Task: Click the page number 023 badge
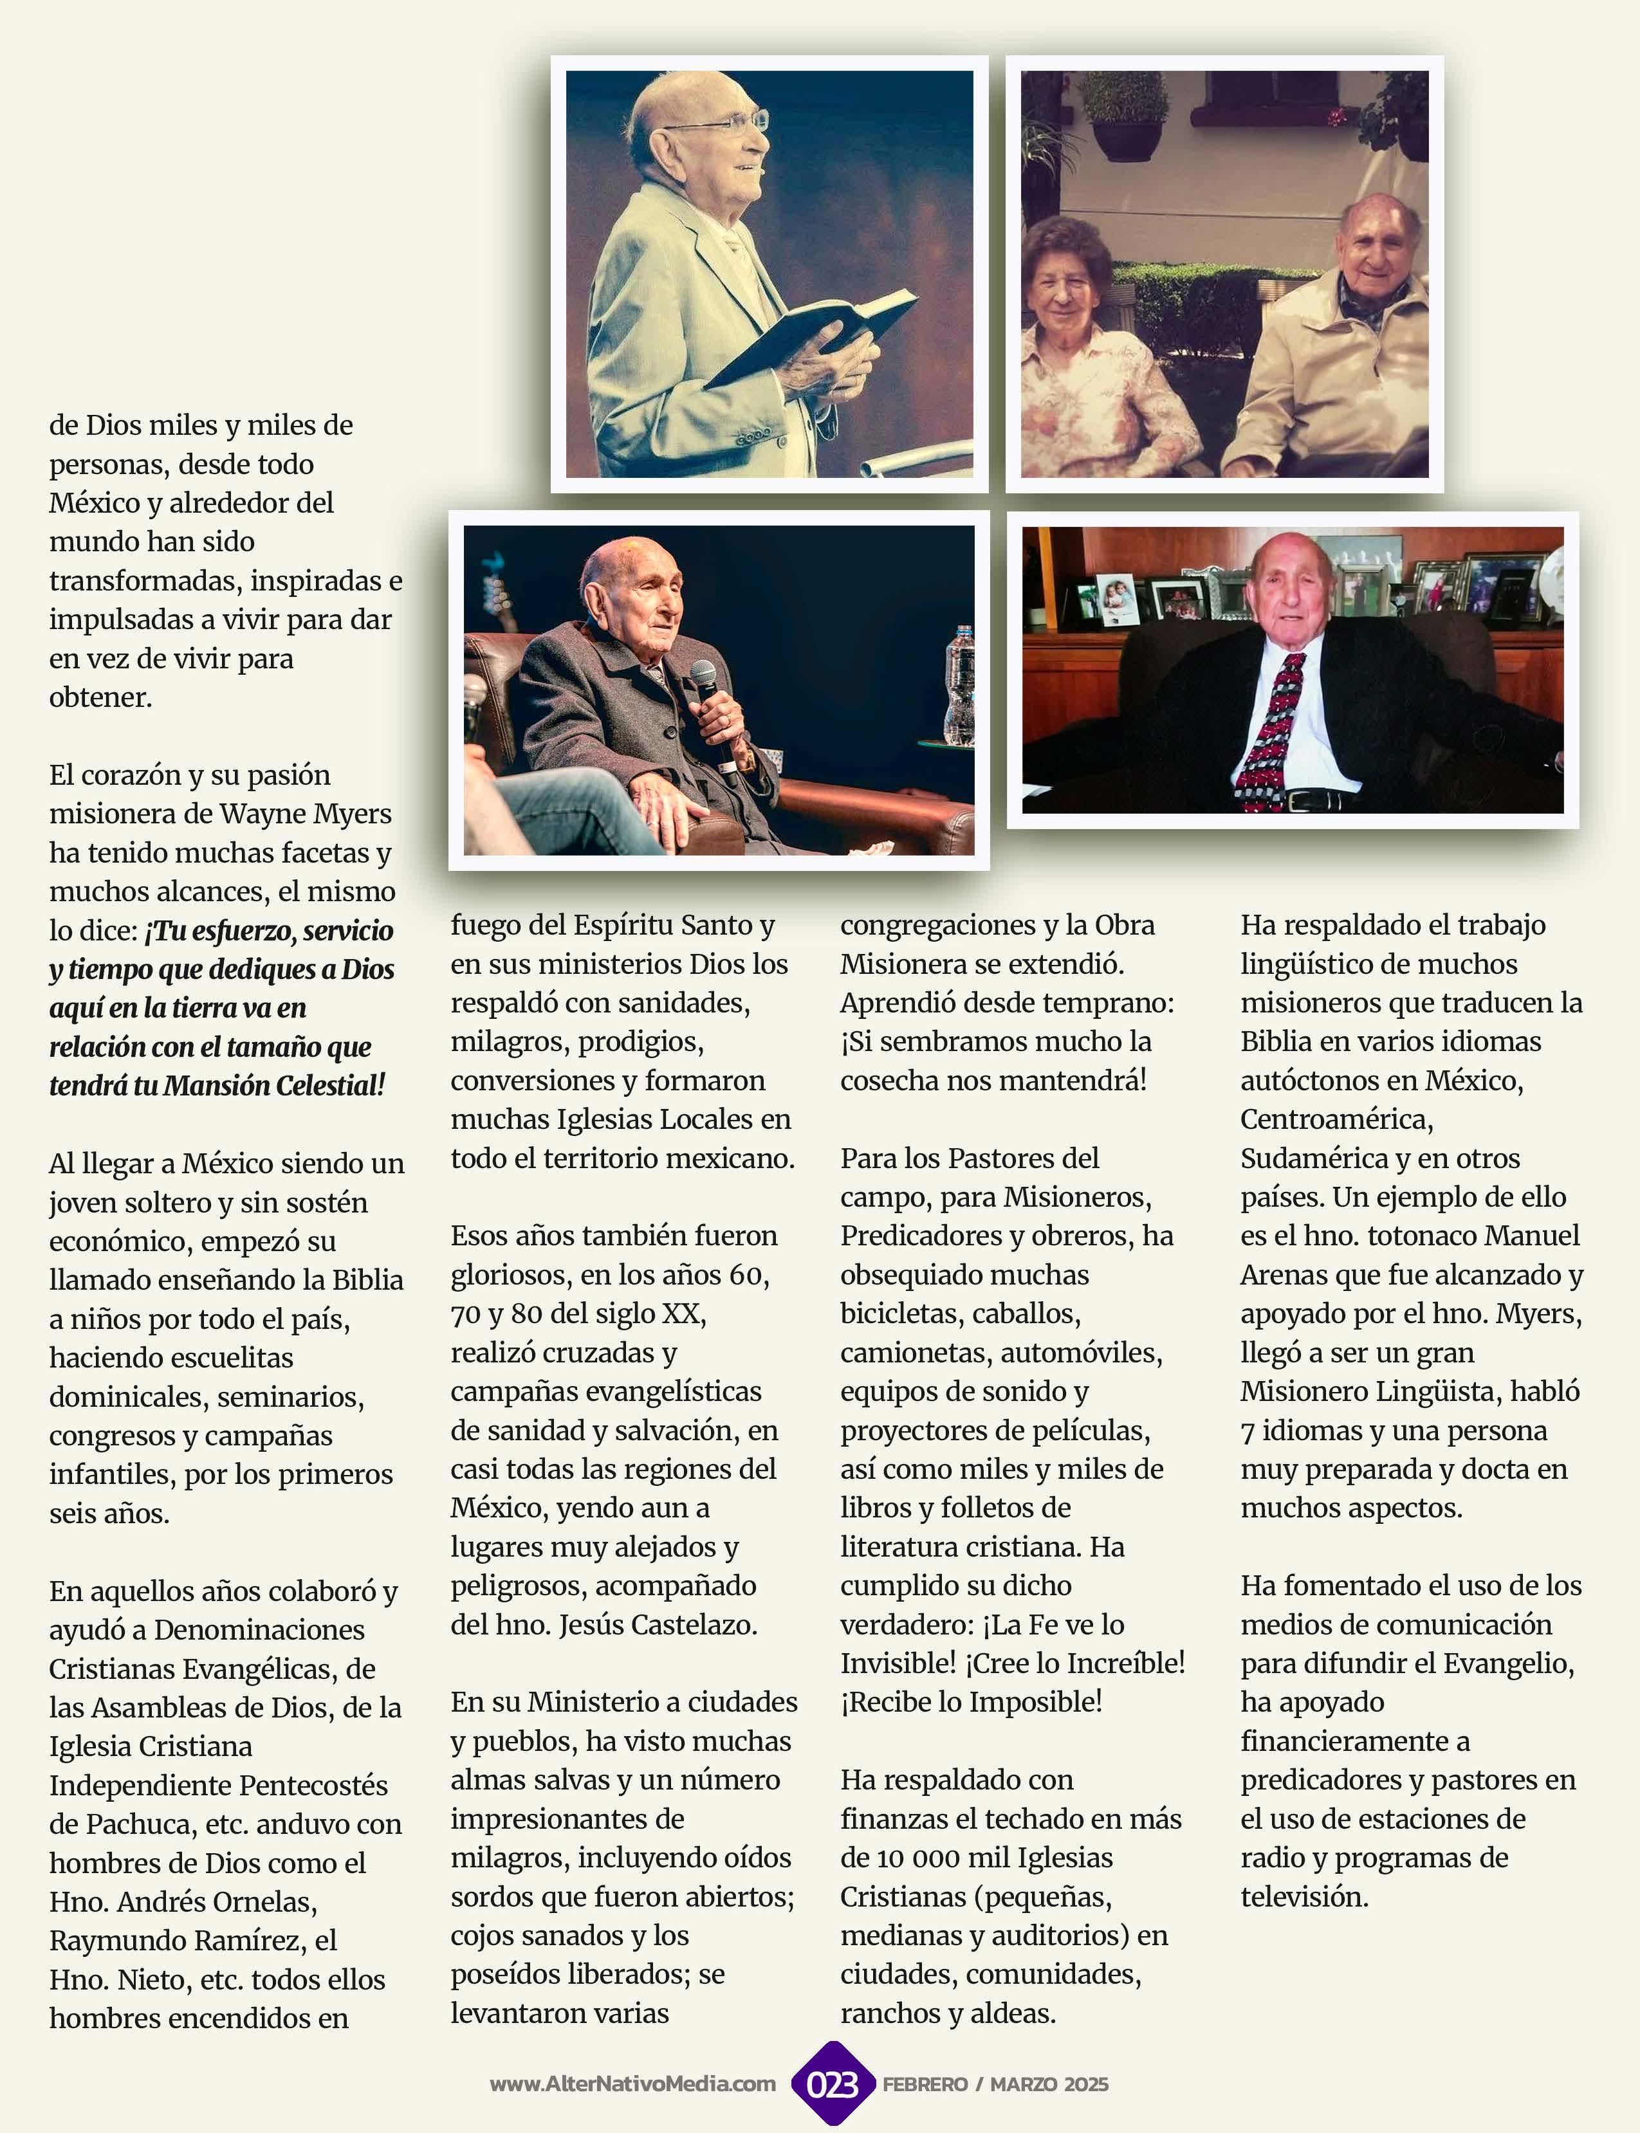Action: pos(832,2084)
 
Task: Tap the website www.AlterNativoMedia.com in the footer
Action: pos(632,2084)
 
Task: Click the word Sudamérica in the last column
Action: pos(1312,1158)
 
